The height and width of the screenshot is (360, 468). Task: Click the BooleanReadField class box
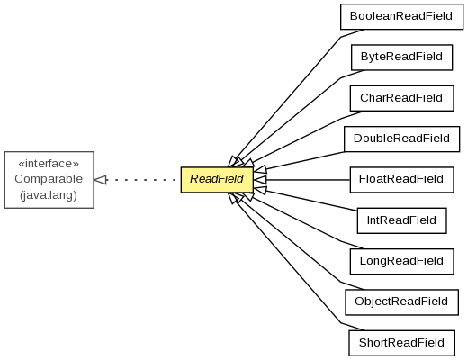coord(401,17)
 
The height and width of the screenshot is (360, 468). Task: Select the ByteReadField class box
coord(401,58)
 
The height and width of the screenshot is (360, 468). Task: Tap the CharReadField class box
coord(401,98)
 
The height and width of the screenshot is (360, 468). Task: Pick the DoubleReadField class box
coord(401,139)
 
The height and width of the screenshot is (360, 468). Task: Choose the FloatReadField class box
coord(401,180)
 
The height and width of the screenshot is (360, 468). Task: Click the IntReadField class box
coord(401,220)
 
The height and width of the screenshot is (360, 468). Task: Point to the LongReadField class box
coord(401,261)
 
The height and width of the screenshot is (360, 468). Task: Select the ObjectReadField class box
coord(401,302)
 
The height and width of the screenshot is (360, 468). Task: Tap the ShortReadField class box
coord(401,343)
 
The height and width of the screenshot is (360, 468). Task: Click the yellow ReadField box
coord(217,180)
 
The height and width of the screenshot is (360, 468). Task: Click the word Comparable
coord(49,179)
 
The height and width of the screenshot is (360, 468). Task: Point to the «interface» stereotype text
coord(49,164)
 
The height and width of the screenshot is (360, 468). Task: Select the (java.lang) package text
coord(49,195)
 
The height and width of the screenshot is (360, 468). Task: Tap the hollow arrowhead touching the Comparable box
coord(101,180)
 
